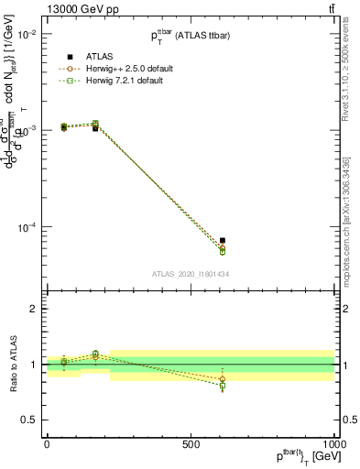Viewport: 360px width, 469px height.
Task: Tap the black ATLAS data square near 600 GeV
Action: [x=222, y=240]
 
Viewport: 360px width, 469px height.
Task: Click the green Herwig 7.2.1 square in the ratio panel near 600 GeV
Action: [x=222, y=387]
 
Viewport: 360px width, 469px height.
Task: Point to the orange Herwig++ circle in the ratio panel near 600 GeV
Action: [x=222, y=379]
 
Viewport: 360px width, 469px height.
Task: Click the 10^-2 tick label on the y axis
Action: [x=26, y=34]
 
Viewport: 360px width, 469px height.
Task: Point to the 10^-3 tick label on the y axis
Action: [x=26, y=131]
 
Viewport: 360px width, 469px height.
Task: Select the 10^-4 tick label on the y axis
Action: [x=26, y=227]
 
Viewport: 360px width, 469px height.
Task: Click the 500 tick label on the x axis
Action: [x=191, y=443]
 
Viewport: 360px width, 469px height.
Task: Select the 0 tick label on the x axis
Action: [x=47, y=443]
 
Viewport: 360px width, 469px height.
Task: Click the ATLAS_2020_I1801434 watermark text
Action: [x=191, y=274]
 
